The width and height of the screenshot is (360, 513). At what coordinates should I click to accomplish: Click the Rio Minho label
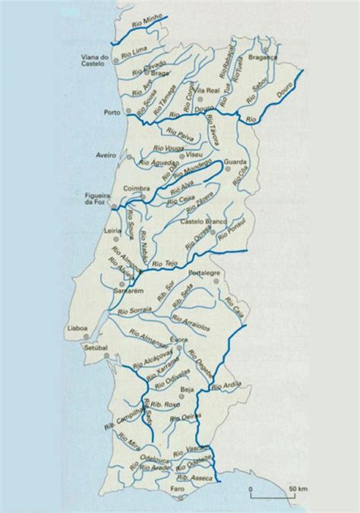click(x=143, y=29)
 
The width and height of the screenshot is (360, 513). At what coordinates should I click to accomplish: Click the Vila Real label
click(x=207, y=90)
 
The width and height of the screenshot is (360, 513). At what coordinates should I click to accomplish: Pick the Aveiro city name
click(x=106, y=155)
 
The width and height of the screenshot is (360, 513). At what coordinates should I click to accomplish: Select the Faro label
click(x=178, y=489)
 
